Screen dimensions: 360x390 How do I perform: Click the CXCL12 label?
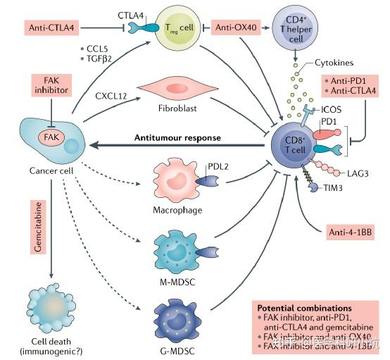pyautogui.click(x=110, y=93)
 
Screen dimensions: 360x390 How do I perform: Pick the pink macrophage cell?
pyautogui.click(x=173, y=186)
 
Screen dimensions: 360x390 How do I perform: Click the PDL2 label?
pyautogui.click(x=218, y=168)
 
